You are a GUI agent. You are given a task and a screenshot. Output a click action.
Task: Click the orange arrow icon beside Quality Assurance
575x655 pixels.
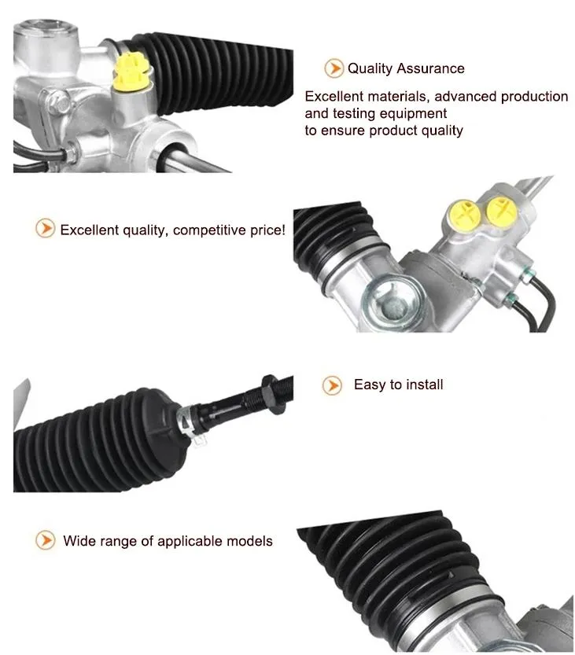click(334, 68)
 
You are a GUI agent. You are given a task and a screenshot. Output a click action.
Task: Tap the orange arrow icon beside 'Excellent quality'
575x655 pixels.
click(45, 230)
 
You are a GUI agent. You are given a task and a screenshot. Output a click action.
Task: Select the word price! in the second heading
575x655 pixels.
click(267, 230)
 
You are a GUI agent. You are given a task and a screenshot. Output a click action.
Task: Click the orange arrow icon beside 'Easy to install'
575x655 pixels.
click(333, 385)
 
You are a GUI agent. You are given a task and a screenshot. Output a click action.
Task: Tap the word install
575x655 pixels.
click(424, 385)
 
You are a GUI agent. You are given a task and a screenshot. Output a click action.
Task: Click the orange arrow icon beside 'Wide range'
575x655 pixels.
click(46, 541)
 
